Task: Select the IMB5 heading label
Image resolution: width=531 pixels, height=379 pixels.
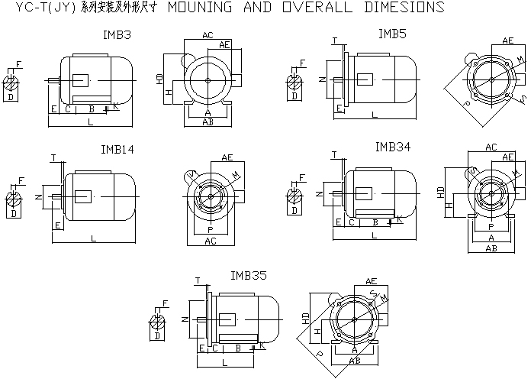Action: [392, 34]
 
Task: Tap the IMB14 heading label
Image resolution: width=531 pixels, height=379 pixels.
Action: [117, 150]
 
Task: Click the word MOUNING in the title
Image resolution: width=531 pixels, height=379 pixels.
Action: [201, 8]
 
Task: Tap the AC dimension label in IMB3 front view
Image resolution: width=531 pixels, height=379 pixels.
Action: [208, 36]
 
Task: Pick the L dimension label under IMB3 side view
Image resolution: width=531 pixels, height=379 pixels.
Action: [90, 122]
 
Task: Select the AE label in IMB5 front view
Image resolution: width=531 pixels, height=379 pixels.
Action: [508, 40]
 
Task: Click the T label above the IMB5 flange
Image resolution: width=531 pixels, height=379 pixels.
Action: [334, 40]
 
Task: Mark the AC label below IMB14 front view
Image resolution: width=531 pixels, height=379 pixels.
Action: [208, 241]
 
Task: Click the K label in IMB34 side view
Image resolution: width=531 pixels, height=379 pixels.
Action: [400, 219]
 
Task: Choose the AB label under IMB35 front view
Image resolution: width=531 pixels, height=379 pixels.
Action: [355, 360]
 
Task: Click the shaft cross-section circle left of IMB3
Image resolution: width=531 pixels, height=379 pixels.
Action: [11, 83]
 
